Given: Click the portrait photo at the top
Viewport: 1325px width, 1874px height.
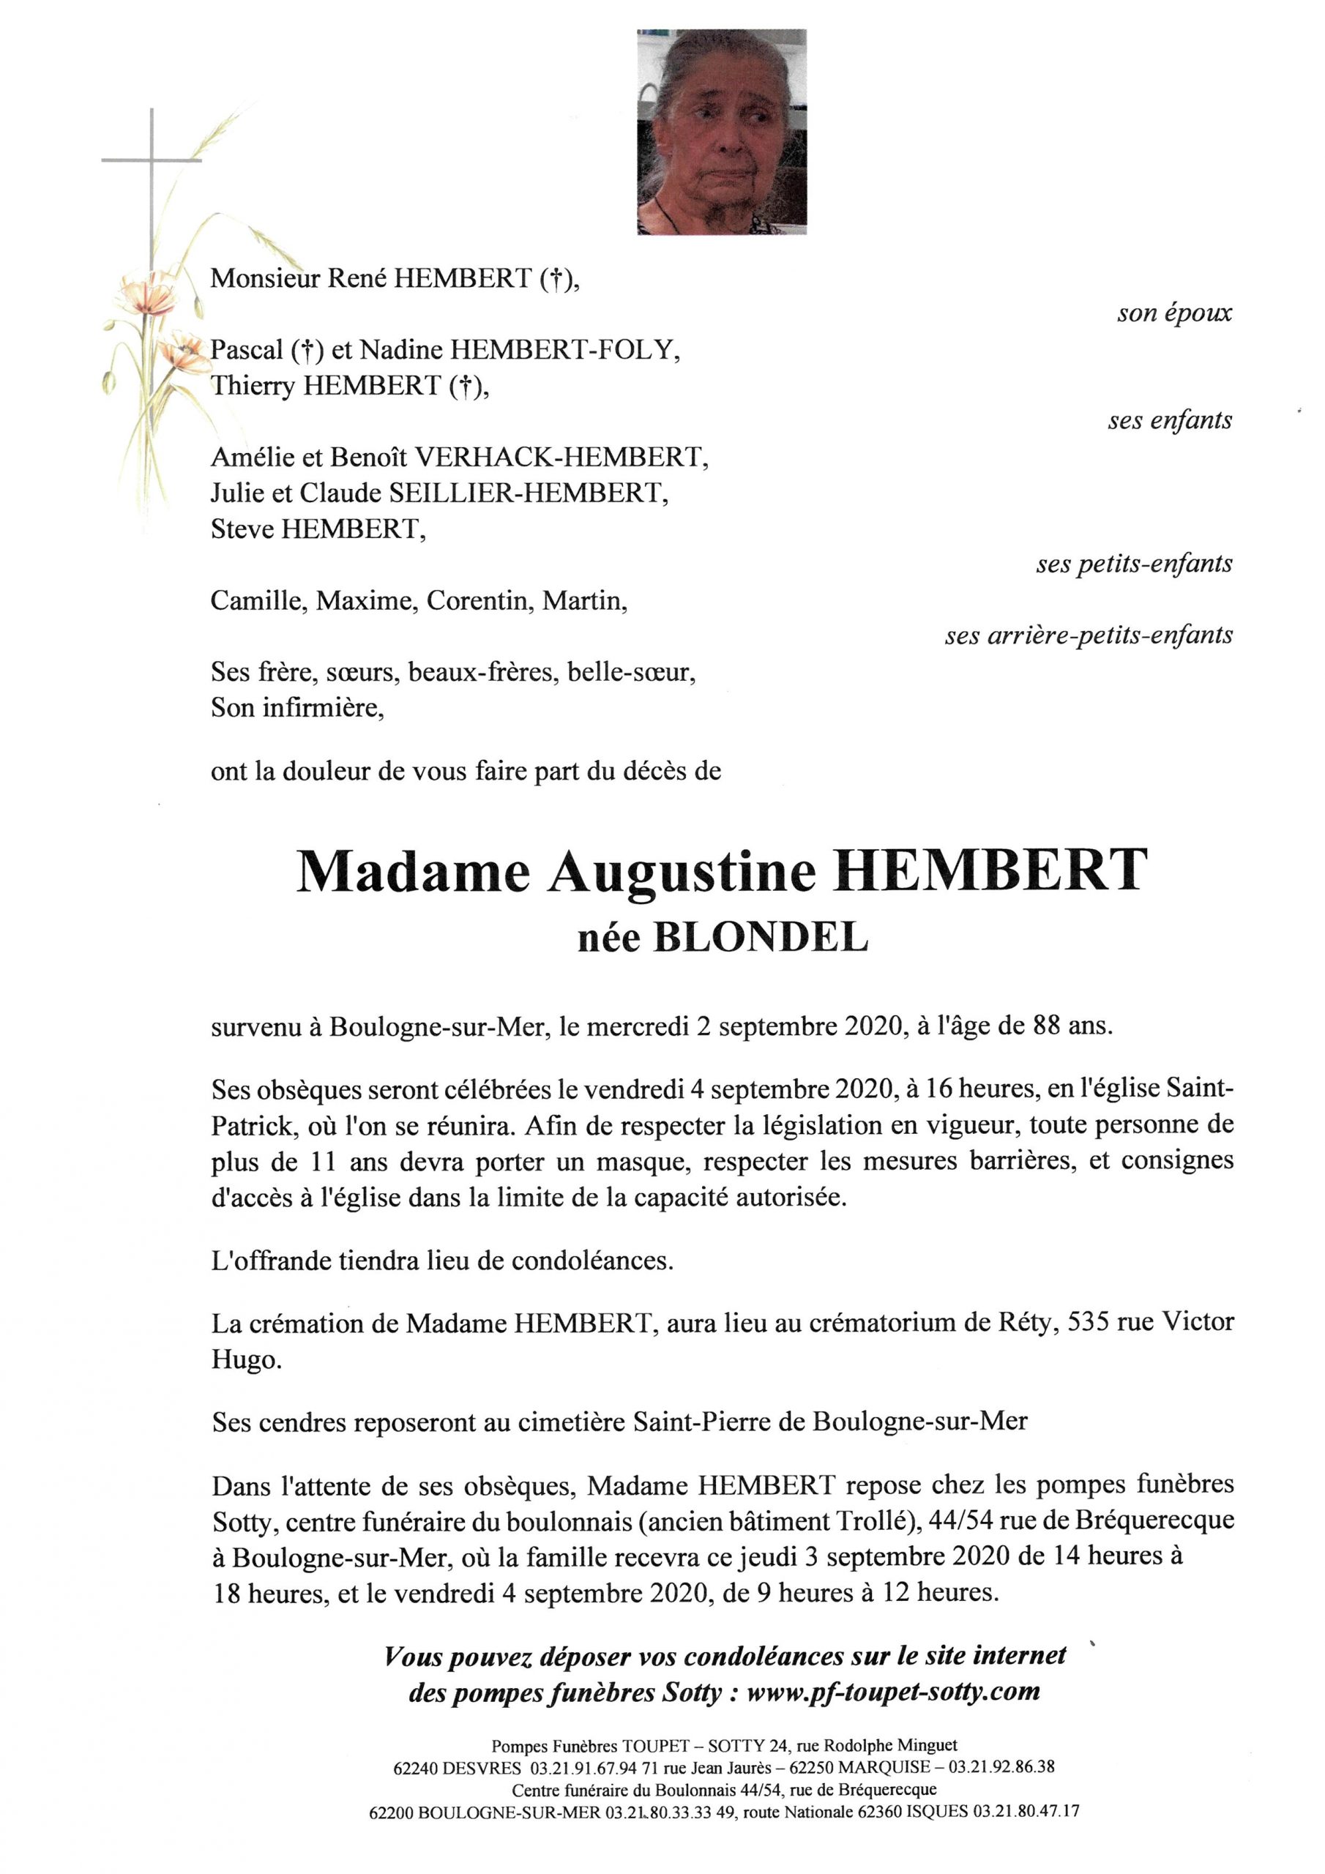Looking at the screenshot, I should [x=722, y=132].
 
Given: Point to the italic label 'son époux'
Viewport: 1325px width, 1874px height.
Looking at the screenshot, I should [x=1174, y=313].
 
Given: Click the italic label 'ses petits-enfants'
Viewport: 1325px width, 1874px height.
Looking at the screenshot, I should [x=1134, y=563].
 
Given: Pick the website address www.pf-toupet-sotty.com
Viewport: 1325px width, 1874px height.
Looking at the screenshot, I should [x=893, y=1691].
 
